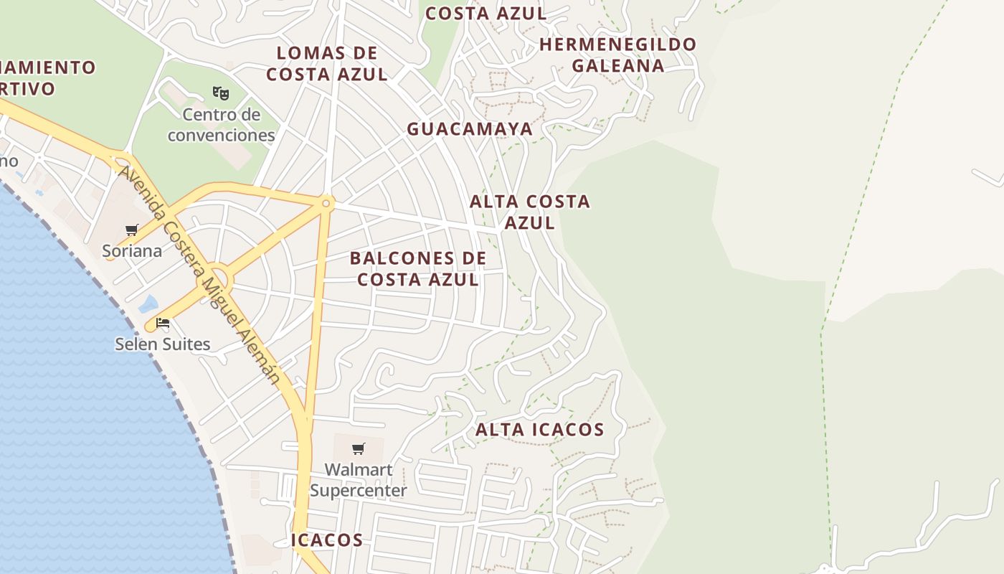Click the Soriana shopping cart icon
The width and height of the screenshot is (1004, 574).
(x=131, y=230)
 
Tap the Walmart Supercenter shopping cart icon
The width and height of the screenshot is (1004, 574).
(x=358, y=449)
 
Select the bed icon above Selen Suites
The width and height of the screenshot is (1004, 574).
(x=163, y=323)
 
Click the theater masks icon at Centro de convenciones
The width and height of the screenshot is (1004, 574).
(x=221, y=93)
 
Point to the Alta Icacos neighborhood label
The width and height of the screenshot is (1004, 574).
(x=540, y=430)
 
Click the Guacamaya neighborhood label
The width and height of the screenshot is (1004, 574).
(x=470, y=129)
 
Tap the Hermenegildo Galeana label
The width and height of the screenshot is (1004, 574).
(x=617, y=55)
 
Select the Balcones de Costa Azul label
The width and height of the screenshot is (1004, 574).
(x=418, y=268)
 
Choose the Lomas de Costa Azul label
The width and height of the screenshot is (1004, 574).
(x=327, y=63)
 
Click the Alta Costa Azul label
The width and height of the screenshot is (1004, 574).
(x=530, y=212)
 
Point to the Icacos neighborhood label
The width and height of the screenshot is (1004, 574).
(x=327, y=540)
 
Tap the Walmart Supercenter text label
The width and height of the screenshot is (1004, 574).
(x=359, y=480)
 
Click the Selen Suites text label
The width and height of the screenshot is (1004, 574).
(x=163, y=344)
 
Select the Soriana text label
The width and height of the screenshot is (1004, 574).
(x=132, y=251)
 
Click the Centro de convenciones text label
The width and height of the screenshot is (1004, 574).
(x=221, y=125)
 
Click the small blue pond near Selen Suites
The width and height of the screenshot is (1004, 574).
(x=148, y=304)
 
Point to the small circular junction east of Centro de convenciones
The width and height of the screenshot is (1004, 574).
(x=326, y=204)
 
